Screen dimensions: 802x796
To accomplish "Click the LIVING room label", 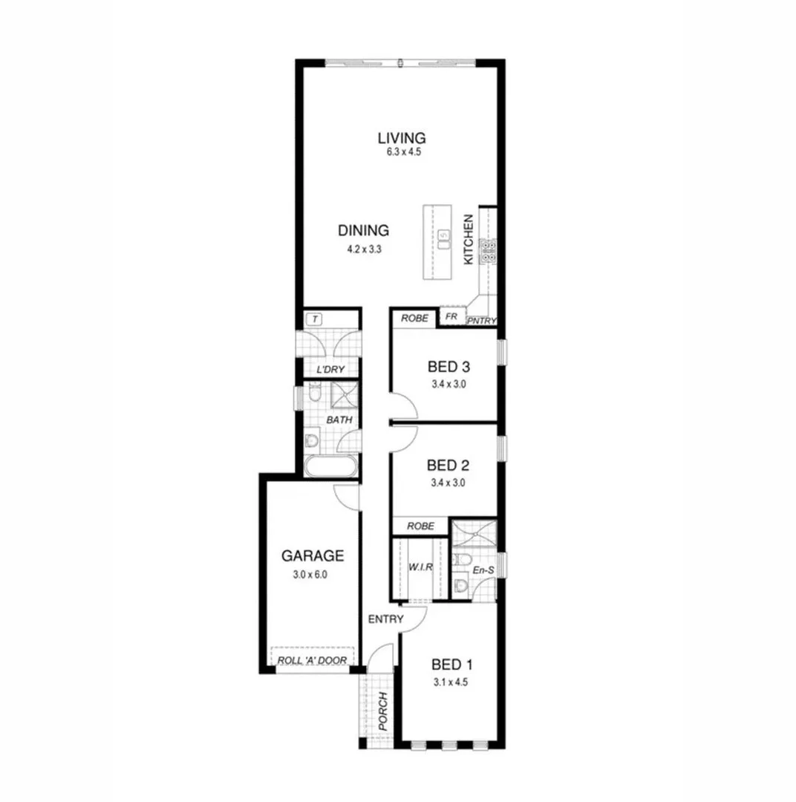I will click(x=401, y=138).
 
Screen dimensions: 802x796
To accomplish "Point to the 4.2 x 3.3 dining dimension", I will click(x=364, y=250).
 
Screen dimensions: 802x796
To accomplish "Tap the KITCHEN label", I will click(x=469, y=240).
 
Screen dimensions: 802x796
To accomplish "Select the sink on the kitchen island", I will click(x=443, y=239).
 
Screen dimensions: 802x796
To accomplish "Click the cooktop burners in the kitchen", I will click(x=489, y=252).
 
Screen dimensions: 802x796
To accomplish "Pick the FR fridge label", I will click(x=451, y=316).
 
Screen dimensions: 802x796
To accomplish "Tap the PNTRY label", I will click(x=481, y=321).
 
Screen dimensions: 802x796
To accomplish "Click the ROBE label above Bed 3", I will click(x=415, y=318).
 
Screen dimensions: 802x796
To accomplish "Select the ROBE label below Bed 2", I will click(x=421, y=526).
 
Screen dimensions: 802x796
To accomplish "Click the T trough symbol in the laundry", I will click(x=315, y=319).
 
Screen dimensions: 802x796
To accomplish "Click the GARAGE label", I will click(x=312, y=555).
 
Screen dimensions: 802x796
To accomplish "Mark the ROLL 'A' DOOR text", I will click(x=312, y=660).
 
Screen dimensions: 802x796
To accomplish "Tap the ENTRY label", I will click(x=385, y=619).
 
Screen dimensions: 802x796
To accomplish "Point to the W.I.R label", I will click(x=420, y=568).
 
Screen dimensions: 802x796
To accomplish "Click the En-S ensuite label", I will click(x=483, y=570).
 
